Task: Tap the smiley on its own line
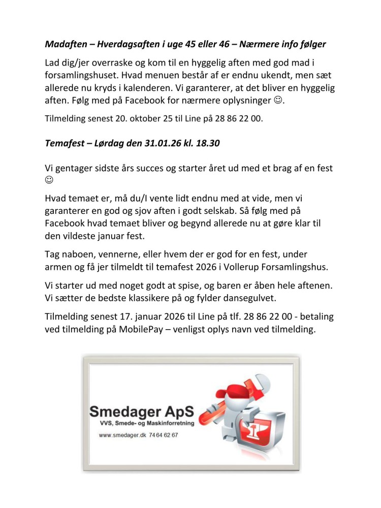coord(49,181)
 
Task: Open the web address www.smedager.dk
coord(122,435)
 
